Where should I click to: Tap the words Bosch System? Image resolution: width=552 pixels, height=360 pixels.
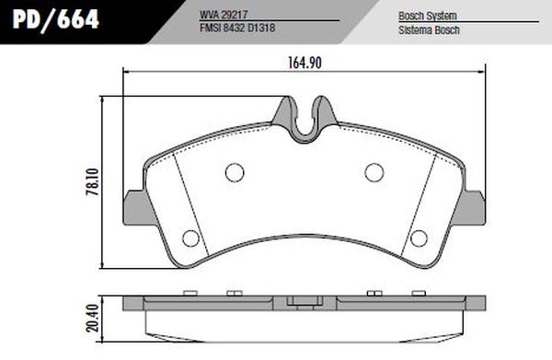[428, 17]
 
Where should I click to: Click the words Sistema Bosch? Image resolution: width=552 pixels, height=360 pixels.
[429, 29]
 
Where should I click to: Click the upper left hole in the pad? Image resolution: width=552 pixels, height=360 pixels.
[235, 171]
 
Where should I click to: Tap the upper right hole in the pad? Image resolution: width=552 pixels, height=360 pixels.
[374, 171]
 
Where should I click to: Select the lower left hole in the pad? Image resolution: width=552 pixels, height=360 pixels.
[190, 238]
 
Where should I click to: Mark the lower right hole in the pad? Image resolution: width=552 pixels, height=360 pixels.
[419, 238]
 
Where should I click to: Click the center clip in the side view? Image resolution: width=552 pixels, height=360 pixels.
[304, 301]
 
